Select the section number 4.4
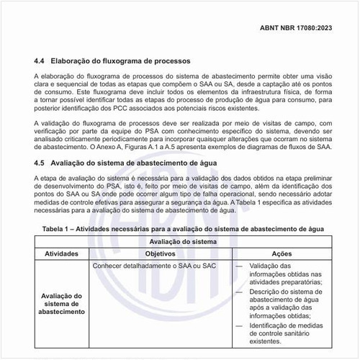click(x=40, y=61)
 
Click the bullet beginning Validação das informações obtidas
click(x=280, y=274)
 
